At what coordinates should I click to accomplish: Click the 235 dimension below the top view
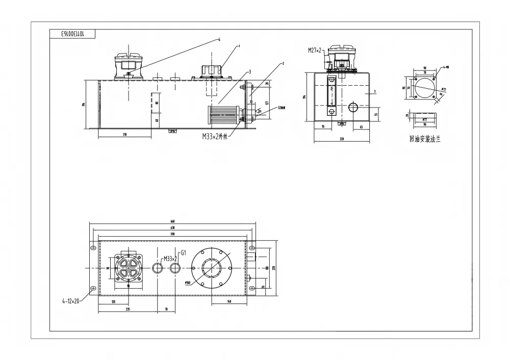click(x=127, y=310)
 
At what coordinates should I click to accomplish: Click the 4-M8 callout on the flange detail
click(x=446, y=67)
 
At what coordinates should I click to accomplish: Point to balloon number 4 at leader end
click(x=219, y=39)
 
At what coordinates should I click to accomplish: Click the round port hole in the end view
click(x=353, y=107)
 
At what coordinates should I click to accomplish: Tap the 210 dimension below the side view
click(x=125, y=134)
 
